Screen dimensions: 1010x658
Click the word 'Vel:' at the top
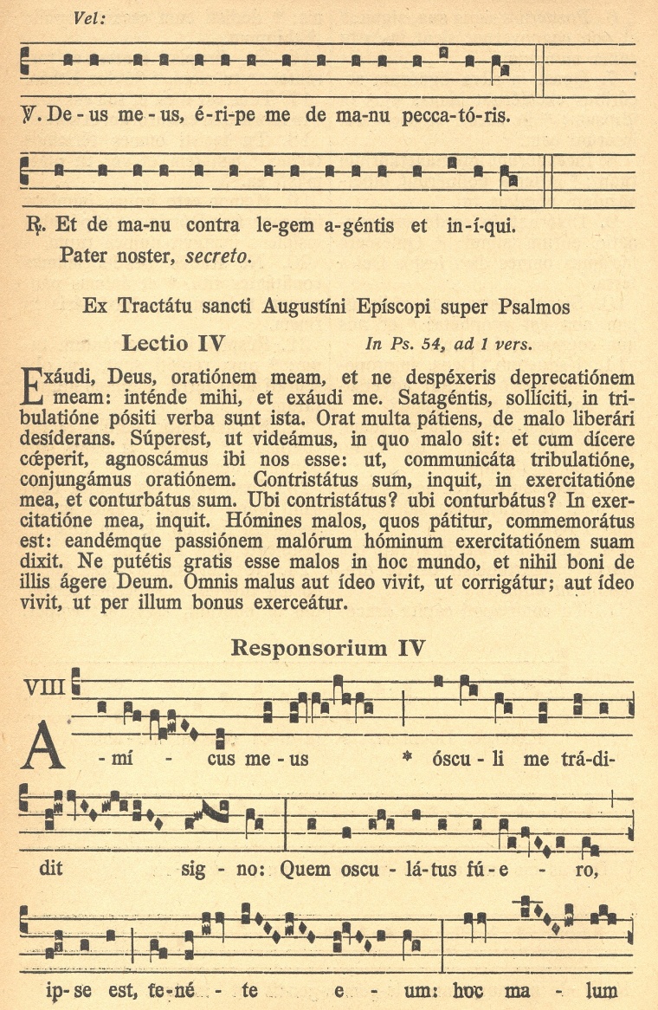[x=89, y=18]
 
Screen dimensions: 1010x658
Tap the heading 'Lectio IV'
[x=174, y=343]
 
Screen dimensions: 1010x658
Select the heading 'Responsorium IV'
[x=327, y=647]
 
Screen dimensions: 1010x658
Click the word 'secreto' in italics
[x=218, y=256]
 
